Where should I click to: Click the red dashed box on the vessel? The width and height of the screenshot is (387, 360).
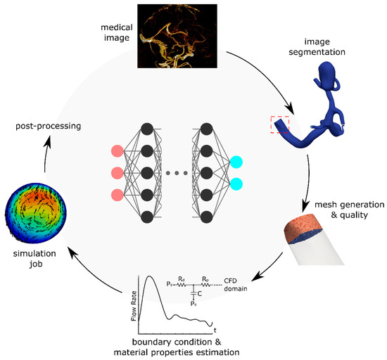(281, 124)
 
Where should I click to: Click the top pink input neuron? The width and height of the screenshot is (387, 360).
(117, 151)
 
